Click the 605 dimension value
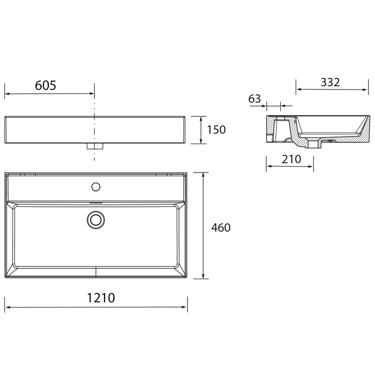point(46,85)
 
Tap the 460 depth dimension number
point(220,228)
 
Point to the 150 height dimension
point(216,130)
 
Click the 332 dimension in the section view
point(330,82)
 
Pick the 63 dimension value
point(254,99)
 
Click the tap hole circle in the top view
point(96,186)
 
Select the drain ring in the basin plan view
point(96,219)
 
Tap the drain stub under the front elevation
point(94,146)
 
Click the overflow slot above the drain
point(95,204)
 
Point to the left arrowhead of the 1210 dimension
point(8,307)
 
